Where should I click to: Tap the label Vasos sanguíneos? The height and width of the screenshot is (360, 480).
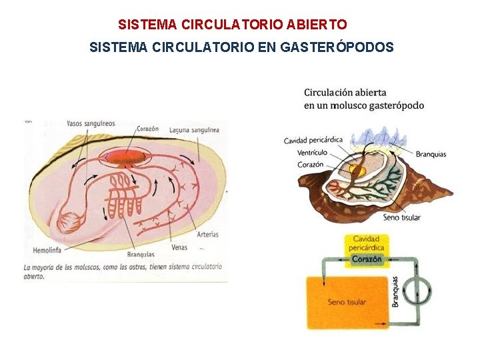coord(91,123)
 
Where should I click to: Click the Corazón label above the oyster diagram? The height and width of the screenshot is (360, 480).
coord(147,129)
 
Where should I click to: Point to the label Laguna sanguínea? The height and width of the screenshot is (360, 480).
coord(194,131)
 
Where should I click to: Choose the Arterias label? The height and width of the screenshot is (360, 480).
coord(208,234)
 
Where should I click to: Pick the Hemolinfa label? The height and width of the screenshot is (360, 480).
coord(46,251)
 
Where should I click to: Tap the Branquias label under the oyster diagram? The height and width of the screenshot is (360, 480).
coord(140,254)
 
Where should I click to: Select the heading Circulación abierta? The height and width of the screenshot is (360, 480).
coord(345,92)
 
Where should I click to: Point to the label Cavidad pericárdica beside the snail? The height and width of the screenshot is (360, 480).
coord(313,140)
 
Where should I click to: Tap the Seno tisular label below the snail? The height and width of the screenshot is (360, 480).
coord(402,217)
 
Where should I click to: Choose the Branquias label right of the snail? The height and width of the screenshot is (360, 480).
coord(431,154)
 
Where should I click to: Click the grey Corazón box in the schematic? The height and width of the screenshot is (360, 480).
coord(367,259)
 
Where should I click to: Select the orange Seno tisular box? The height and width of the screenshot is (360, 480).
coord(347,301)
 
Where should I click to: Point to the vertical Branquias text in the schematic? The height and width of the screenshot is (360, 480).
coord(395,291)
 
